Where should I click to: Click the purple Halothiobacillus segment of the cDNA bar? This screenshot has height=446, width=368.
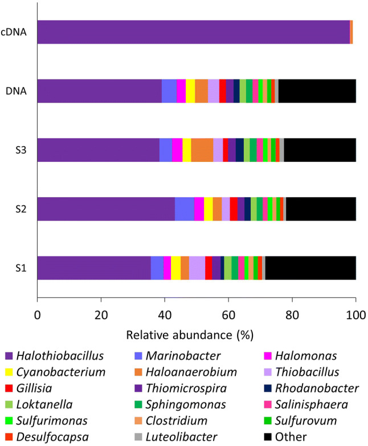point(194,32)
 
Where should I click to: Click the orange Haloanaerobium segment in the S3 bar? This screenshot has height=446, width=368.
point(202,150)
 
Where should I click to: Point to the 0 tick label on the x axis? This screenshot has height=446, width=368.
point(38,314)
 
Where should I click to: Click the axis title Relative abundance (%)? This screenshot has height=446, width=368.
point(197,332)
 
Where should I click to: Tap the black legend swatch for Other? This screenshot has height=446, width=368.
point(267,436)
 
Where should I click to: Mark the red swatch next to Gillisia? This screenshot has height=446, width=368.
point(9,388)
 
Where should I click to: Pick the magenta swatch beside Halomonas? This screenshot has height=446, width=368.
point(267,356)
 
